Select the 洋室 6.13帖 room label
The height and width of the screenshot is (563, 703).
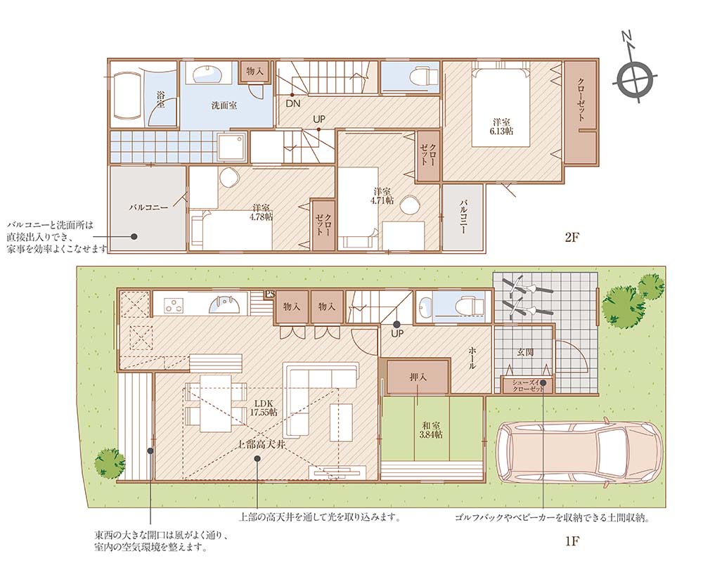pos(501,127)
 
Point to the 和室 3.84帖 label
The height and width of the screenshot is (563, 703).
pos(430,429)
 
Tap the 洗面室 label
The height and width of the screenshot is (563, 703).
pos(224,106)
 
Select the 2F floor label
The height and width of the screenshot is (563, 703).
pos(572,238)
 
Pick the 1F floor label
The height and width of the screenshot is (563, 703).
pos(572,541)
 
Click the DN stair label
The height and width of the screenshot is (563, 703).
pos(293,103)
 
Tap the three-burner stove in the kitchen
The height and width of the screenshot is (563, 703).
pos(174,304)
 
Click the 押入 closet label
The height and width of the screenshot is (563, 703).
pos(418,377)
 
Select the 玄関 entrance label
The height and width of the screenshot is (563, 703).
pos(524,352)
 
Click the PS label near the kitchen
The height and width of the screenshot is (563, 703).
pos(269,295)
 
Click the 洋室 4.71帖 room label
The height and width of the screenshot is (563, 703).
pos(382,195)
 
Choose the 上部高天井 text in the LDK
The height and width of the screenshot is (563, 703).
pos(262,445)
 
